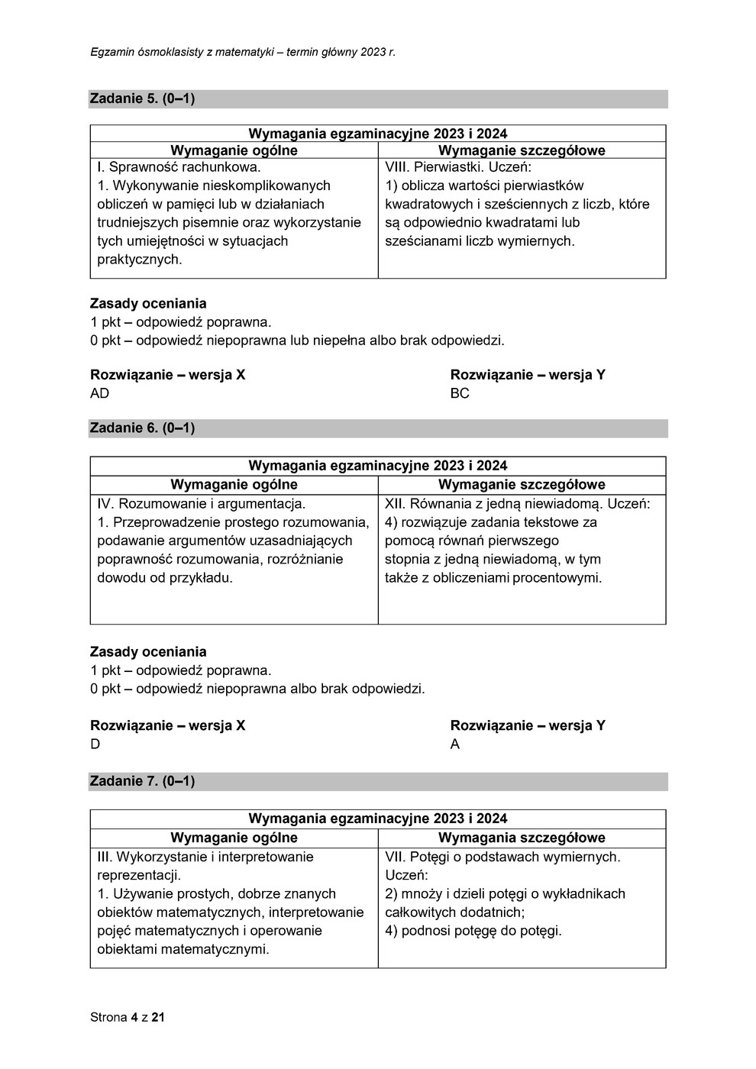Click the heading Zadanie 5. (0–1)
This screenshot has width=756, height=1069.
click(x=142, y=99)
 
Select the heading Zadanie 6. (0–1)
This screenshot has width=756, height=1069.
click(x=142, y=428)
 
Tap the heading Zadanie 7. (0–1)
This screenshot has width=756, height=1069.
click(x=142, y=781)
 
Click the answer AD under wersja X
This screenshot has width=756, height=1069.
click(x=100, y=393)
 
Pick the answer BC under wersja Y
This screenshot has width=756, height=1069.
click(x=460, y=393)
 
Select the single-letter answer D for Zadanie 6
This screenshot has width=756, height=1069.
click(x=95, y=744)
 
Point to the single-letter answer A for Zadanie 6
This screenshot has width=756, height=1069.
click(x=455, y=744)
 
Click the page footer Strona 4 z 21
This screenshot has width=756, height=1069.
click(x=128, y=1017)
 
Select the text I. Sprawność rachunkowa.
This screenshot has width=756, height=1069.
click(x=179, y=166)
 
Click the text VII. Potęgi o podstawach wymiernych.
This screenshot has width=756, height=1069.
click(x=502, y=857)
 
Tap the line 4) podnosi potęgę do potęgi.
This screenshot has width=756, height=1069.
click(x=473, y=931)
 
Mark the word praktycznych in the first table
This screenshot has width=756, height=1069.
click(x=140, y=260)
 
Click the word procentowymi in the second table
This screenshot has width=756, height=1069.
click(x=557, y=578)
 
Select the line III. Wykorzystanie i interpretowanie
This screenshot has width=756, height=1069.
click(x=205, y=857)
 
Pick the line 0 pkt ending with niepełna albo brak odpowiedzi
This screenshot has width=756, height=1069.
click(x=297, y=341)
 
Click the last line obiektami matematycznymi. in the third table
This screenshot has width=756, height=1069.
click(x=183, y=950)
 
